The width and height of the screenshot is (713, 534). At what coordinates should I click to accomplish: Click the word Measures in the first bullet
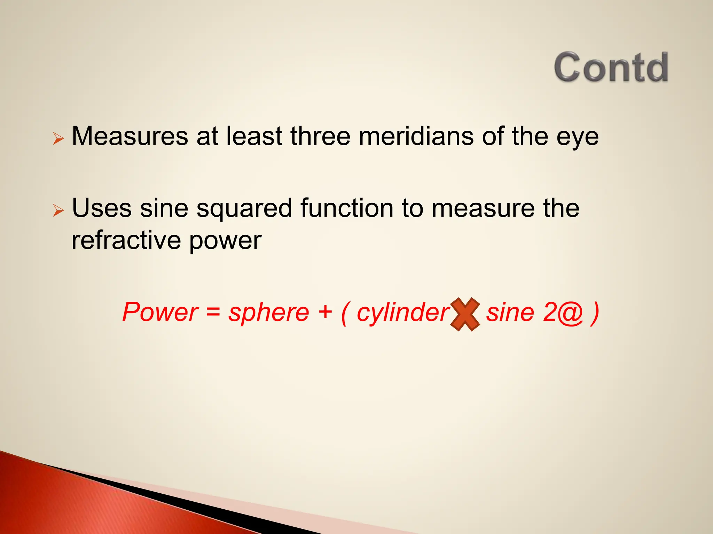(x=130, y=136)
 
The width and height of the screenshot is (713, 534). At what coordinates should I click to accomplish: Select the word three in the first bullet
(x=320, y=136)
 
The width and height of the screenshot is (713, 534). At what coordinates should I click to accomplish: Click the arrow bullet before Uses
(x=58, y=210)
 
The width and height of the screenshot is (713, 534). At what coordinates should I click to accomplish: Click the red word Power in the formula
(x=160, y=312)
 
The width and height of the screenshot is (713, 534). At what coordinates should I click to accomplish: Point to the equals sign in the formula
(x=213, y=312)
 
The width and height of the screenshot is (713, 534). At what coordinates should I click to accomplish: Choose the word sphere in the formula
(x=268, y=313)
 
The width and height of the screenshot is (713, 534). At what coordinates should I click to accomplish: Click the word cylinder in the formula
(x=403, y=313)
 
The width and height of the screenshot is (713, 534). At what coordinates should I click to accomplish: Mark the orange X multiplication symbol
(x=465, y=314)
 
